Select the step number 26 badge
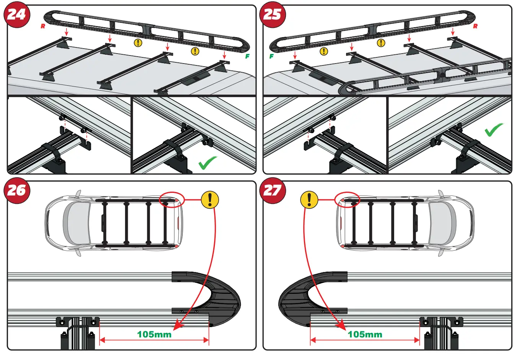16,190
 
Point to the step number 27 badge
272,190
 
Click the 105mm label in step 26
154,334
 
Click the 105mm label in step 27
365,334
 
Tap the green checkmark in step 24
208,163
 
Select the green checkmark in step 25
494,130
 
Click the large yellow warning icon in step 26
210,200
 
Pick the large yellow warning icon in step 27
309,200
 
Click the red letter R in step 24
43,26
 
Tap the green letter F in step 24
247,56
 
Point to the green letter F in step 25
271,56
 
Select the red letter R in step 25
475,26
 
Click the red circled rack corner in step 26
172,200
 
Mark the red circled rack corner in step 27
347,200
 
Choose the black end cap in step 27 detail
296,300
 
